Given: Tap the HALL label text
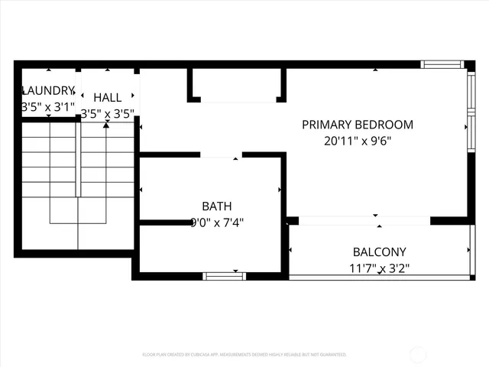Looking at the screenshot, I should coord(107,97).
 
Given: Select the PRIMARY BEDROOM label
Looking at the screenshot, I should coord(357,125).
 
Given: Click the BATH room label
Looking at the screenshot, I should coord(216,206).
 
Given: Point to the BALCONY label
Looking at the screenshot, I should coord(379,252).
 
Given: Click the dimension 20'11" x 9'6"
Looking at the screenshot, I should coord(357,141).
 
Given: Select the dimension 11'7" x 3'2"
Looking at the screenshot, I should coord(379,268).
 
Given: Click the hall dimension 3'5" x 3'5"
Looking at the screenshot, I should coord(107,114).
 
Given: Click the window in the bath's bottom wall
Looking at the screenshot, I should coord(224,276).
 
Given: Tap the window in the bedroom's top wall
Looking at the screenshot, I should coord(442,65).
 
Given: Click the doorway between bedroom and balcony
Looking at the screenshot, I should coord(364,221).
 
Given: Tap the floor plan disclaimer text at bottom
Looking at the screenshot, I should coord(244,355).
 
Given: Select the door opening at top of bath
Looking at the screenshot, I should coord(221,155).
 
